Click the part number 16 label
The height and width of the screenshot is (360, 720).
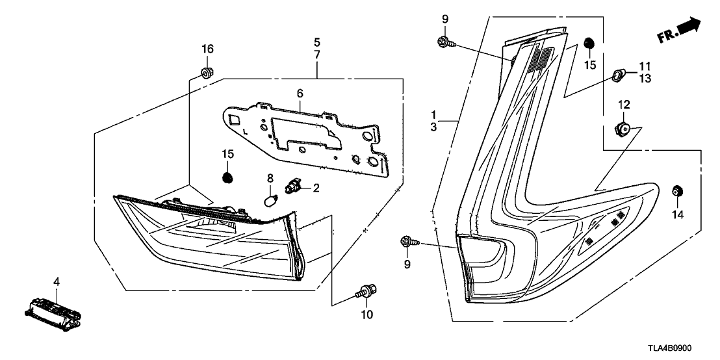click(x=207, y=49)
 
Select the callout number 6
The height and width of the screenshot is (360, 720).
click(x=300, y=94)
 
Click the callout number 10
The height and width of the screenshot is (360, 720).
click(x=366, y=315)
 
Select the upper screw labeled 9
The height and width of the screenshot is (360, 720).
click(x=445, y=43)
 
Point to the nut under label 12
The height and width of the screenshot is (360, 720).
click(x=623, y=128)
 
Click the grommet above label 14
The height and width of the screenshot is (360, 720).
click(x=676, y=190)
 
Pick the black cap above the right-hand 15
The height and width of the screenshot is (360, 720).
click(x=589, y=43)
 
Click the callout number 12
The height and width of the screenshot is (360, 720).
click(x=624, y=104)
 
